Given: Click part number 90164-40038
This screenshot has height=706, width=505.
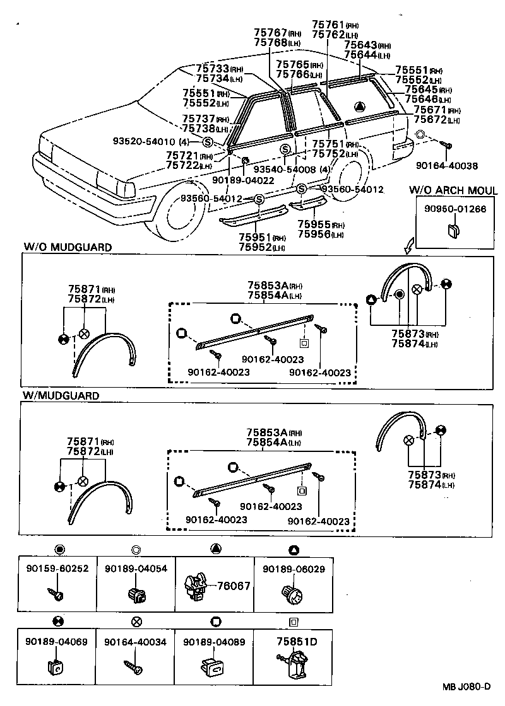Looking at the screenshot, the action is click(x=446, y=166).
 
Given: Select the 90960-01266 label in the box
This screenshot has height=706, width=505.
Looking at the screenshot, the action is click(x=455, y=209).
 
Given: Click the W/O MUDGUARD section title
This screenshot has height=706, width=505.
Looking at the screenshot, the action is click(x=68, y=247).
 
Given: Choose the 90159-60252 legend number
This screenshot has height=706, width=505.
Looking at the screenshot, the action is click(x=57, y=569).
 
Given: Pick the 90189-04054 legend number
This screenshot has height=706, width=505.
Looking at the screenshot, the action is click(x=136, y=569).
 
